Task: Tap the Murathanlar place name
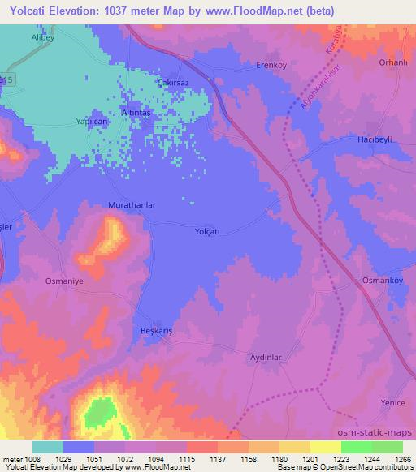click(x=132, y=206)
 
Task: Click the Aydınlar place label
click(x=265, y=358)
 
